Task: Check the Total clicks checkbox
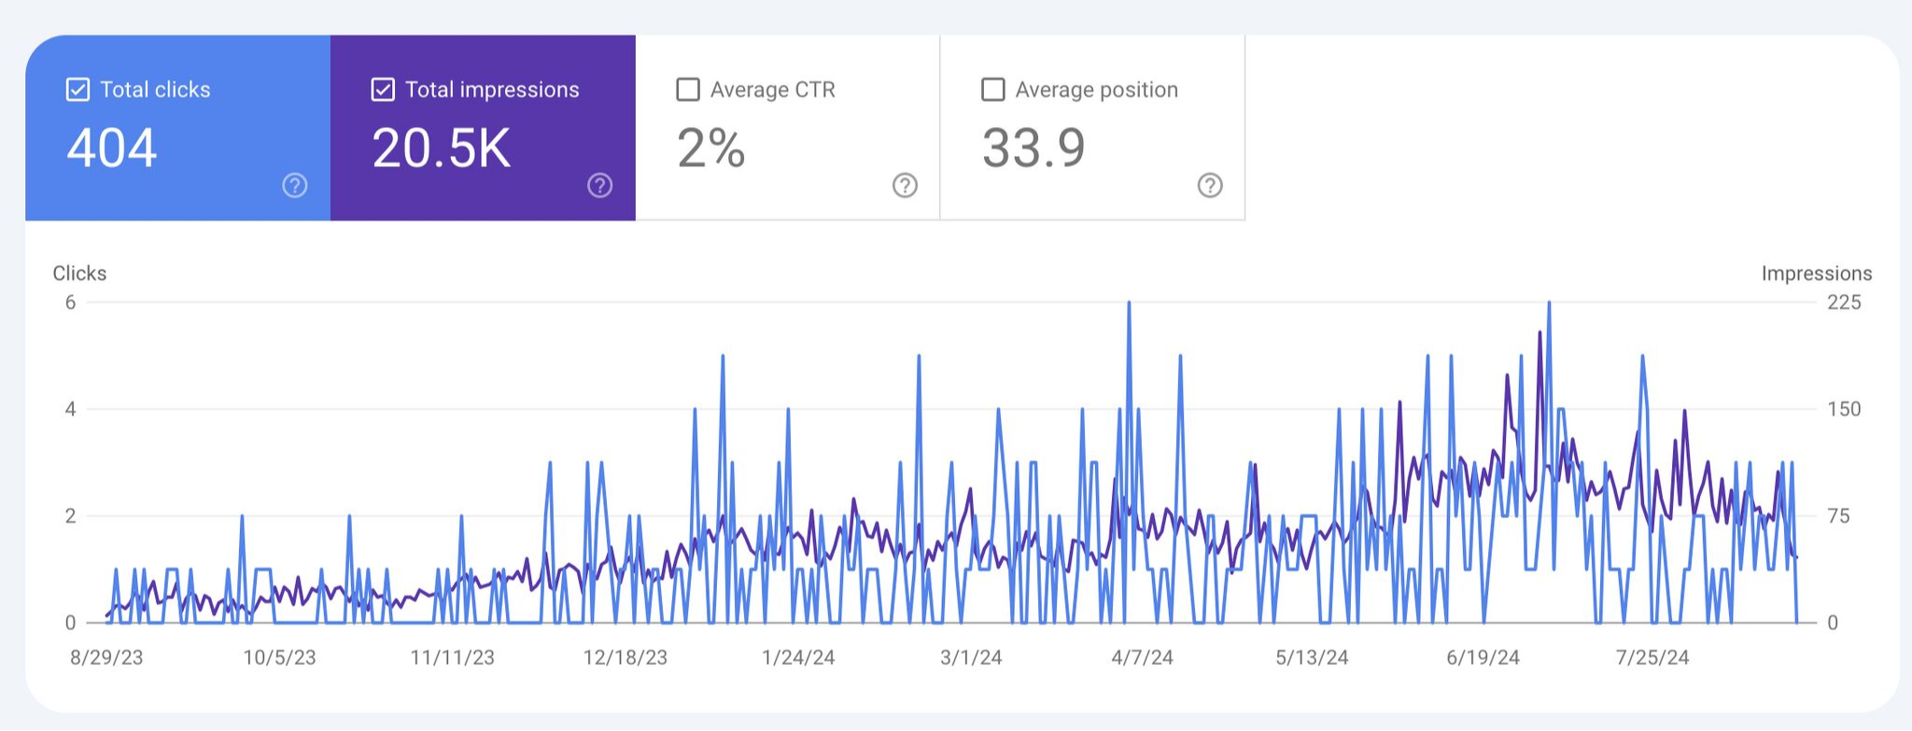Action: click(x=78, y=90)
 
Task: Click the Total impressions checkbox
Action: click(x=383, y=90)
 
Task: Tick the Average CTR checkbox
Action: click(x=688, y=90)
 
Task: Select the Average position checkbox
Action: click(x=993, y=90)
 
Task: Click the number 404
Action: click(x=112, y=148)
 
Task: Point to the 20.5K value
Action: click(x=442, y=148)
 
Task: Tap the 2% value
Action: click(x=711, y=148)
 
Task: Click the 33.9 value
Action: click(x=1033, y=148)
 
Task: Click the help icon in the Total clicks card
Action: click(x=295, y=186)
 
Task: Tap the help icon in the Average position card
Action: click(x=1210, y=186)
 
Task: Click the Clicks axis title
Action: click(x=79, y=274)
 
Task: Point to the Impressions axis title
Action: click(x=1816, y=274)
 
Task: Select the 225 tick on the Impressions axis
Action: click(x=1844, y=302)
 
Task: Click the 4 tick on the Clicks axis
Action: click(x=70, y=409)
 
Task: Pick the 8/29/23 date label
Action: click(x=106, y=657)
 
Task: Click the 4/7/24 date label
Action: click(x=1142, y=657)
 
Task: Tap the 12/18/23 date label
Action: click(x=626, y=657)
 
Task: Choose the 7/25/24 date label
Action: click(x=1652, y=657)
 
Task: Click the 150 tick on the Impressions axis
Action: click(x=1844, y=409)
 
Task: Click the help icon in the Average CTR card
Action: click(x=905, y=186)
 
